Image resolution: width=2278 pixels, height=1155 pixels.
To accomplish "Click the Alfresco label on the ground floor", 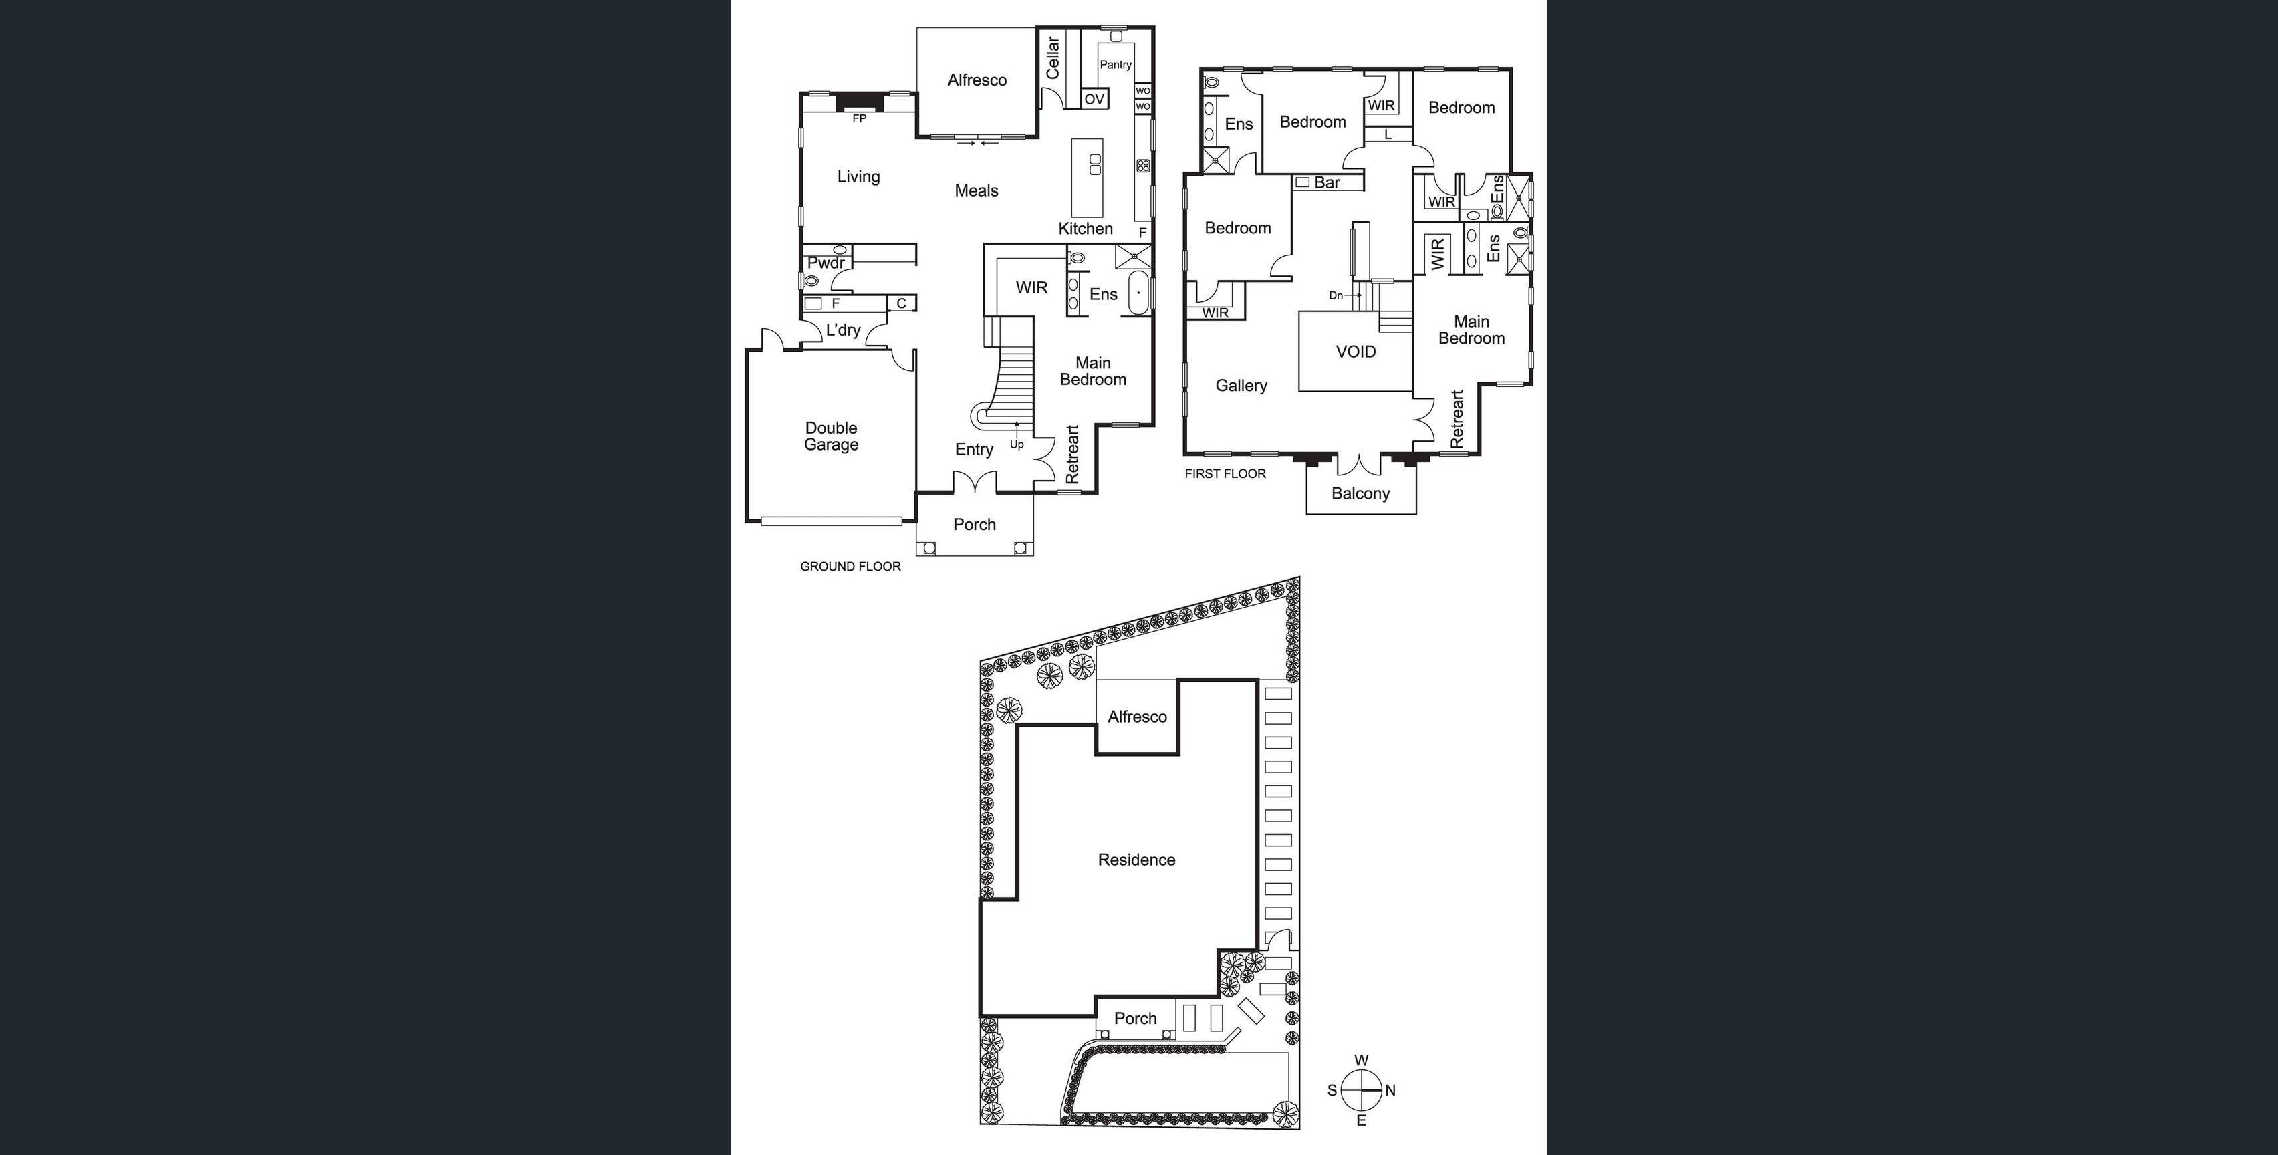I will click(x=977, y=80).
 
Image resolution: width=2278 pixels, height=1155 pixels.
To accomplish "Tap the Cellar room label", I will click(x=1052, y=58).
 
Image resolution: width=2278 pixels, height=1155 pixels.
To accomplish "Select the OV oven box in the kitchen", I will click(x=1094, y=99).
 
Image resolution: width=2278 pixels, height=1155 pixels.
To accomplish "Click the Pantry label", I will click(x=1115, y=65).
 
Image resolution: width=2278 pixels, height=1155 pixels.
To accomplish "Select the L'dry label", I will click(x=843, y=330).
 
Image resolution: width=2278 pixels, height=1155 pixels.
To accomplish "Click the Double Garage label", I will click(x=830, y=436).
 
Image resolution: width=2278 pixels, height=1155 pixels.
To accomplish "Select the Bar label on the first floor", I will click(x=1326, y=183).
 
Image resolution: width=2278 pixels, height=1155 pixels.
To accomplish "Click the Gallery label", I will click(x=1241, y=386).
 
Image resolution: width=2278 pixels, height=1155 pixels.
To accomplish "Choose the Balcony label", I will click(x=1360, y=493).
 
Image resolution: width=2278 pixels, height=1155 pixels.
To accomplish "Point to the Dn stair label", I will click(x=1336, y=295).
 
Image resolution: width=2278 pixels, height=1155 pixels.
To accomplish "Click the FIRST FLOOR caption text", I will click(x=1225, y=474).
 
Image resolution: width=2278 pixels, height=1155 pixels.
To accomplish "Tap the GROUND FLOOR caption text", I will click(x=850, y=567).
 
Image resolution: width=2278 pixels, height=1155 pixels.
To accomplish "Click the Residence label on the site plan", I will click(x=1136, y=860).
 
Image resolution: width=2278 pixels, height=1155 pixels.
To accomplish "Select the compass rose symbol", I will click(x=1361, y=1090).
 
